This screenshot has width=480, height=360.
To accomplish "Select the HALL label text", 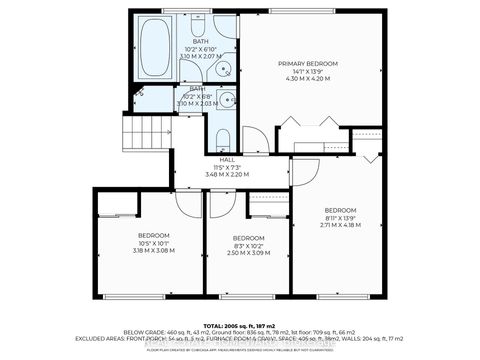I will click(x=226, y=160).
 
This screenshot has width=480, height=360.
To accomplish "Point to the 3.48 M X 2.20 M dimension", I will click(x=226, y=175).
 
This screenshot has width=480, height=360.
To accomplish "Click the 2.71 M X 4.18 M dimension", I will click(x=340, y=226).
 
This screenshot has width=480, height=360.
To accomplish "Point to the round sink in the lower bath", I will click(x=227, y=100).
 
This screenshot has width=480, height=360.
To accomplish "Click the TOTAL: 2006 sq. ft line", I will click(x=240, y=326).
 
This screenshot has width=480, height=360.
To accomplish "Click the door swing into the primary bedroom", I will click(x=256, y=138).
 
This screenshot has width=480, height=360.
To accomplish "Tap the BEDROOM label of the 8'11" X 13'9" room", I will click(x=340, y=210).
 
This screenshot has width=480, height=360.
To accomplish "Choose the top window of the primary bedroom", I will click(x=309, y=11).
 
